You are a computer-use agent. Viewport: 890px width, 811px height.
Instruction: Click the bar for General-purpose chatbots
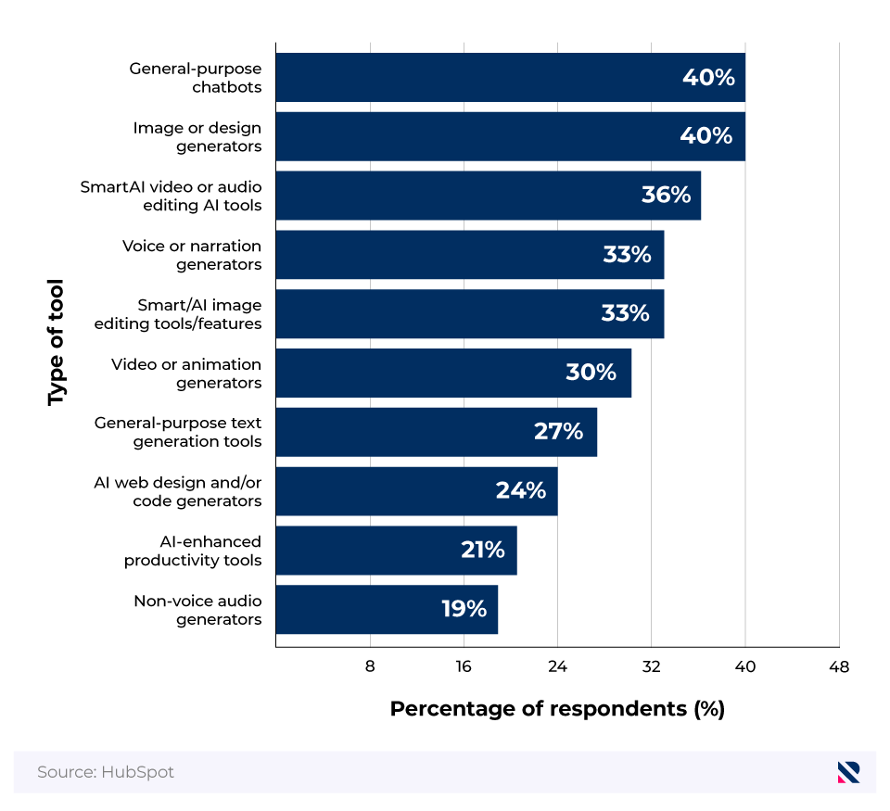click(510, 78)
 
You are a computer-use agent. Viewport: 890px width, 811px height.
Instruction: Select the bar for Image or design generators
click(510, 136)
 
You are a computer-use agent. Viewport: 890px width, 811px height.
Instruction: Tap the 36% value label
click(666, 196)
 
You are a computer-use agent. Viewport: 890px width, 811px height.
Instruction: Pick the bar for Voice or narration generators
click(469, 255)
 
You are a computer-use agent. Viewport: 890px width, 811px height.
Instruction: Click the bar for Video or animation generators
click(453, 373)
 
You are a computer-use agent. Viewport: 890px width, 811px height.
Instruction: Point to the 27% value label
click(558, 431)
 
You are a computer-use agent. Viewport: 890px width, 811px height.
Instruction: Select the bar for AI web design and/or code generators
click(416, 491)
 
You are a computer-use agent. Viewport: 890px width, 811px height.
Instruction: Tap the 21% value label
click(482, 550)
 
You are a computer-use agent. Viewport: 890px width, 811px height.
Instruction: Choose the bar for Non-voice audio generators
click(387, 609)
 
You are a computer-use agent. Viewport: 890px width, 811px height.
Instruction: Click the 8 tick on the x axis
click(370, 665)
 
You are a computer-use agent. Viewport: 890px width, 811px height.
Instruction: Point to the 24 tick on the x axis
click(557, 665)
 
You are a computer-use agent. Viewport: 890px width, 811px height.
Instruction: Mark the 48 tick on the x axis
click(839, 665)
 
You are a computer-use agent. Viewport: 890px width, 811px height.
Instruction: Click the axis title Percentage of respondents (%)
click(556, 709)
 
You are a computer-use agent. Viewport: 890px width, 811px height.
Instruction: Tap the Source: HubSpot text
click(106, 772)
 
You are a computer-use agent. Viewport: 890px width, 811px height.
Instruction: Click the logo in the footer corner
click(848, 772)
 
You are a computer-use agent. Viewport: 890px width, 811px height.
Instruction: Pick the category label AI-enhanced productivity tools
click(193, 551)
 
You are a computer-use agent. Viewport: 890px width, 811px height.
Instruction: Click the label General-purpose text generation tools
click(178, 432)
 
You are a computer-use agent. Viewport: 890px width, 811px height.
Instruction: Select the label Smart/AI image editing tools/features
click(178, 314)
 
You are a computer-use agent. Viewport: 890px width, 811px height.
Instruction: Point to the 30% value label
click(591, 373)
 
